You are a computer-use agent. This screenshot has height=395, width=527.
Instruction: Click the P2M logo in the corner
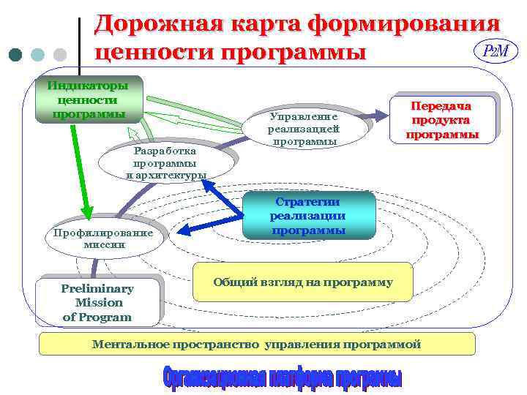[x=496, y=51]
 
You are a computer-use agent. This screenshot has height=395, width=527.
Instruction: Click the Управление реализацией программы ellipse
[x=304, y=129]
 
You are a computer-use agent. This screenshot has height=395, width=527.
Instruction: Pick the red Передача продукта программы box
[x=442, y=120]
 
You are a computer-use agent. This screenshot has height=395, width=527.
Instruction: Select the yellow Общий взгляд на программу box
[x=302, y=282]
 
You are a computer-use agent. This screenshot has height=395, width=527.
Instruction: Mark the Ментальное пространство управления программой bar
[x=256, y=344]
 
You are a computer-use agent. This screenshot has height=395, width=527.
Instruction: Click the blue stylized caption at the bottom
[x=282, y=376]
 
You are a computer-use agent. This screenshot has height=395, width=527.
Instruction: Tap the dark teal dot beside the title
[x=16, y=55]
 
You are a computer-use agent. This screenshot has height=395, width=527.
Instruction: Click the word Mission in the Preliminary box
[x=99, y=302]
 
